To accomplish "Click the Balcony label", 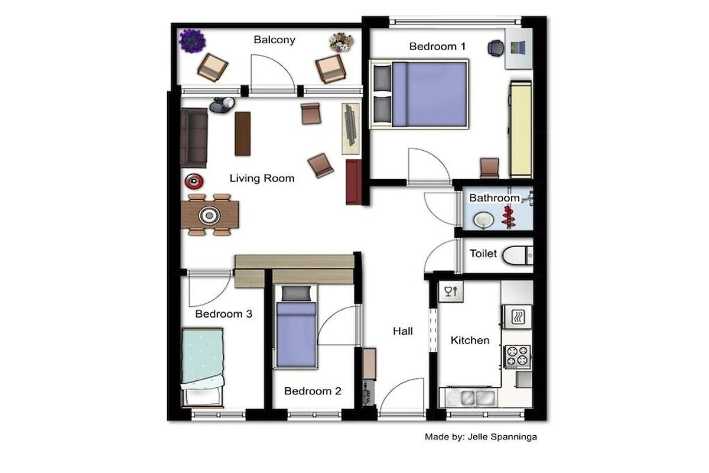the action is tap(274, 40).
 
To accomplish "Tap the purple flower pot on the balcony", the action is tap(193, 41).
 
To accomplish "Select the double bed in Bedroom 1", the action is tap(419, 94).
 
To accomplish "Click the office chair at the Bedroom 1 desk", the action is tap(496, 48).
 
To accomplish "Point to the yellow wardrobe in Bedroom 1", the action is tap(521, 129).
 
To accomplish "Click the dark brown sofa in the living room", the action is tap(194, 138).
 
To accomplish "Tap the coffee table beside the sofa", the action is tap(243, 134).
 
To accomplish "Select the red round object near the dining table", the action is tap(194, 181).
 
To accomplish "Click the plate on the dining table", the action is tap(209, 215).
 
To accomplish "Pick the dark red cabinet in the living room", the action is tap(354, 182).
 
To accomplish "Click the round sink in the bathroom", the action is tap(483, 220).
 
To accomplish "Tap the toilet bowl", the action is tap(517, 255).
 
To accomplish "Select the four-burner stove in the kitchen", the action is tap(517, 356).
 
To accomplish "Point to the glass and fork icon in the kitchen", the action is tap(451, 291).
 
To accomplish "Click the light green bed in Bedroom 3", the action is tap(203, 368).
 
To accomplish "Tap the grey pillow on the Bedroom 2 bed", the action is tap(296, 294).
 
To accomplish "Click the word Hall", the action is tap(403, 331).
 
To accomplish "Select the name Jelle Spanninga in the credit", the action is tap(502, 437).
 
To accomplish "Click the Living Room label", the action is tap(262, 179).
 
